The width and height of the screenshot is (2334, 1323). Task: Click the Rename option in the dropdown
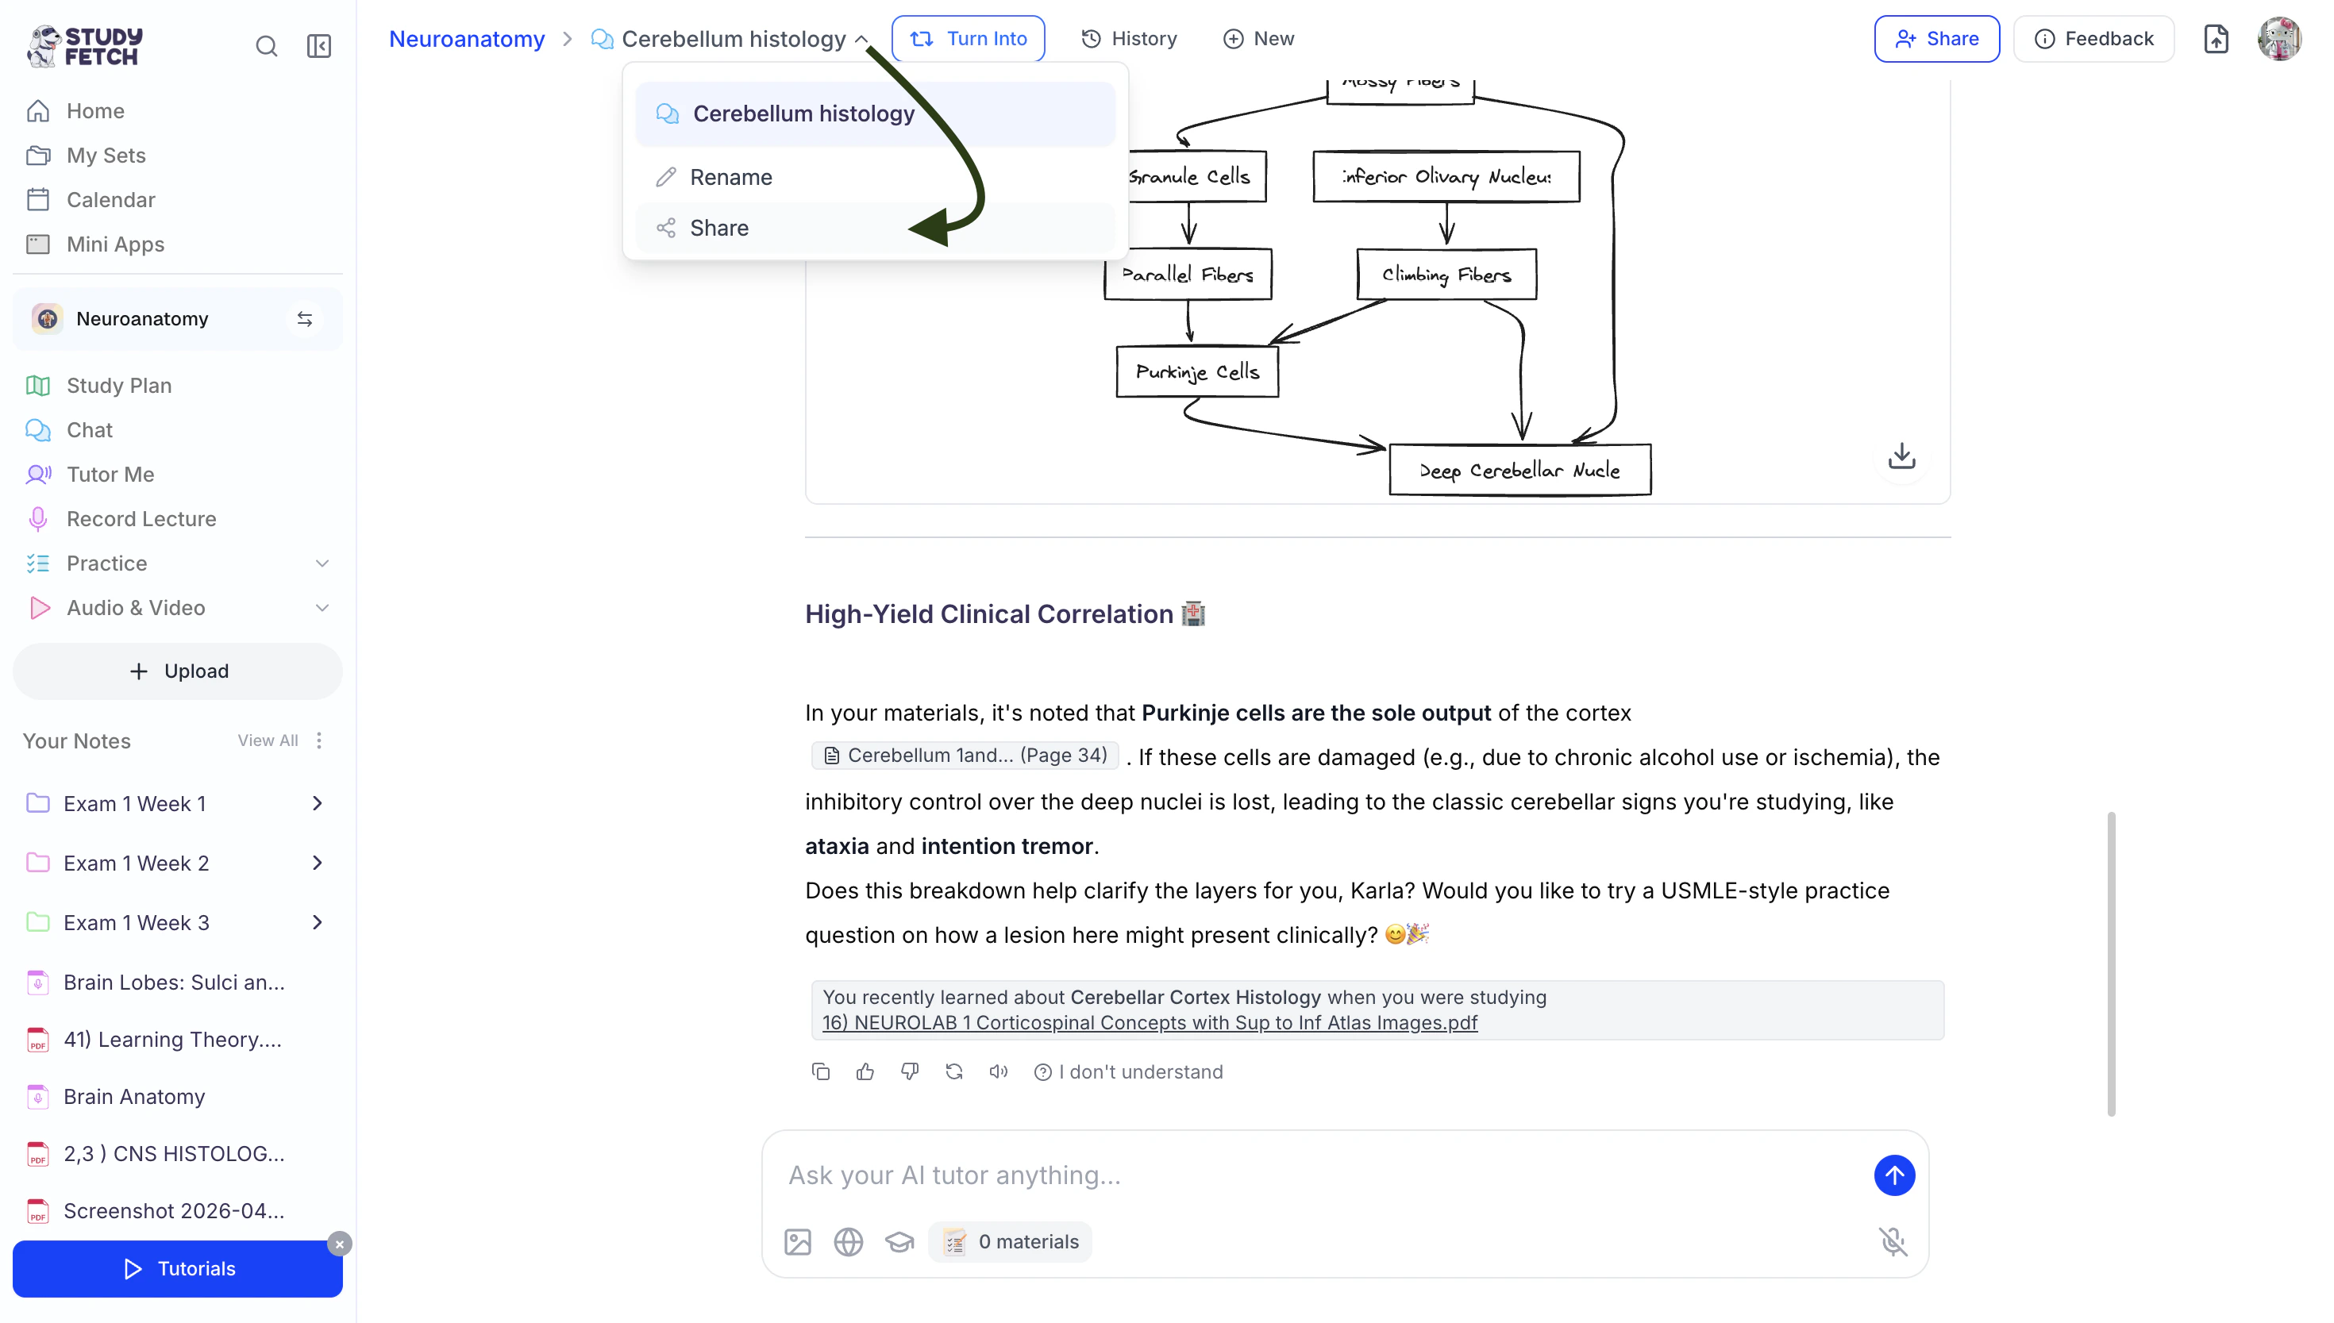(730, 177)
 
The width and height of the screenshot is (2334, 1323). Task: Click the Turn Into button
(968, 39)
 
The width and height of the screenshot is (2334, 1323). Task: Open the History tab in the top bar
(1129, 39)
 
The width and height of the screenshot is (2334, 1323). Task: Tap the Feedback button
(2093, 39)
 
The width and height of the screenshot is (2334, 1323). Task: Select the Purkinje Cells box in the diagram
(1197, 371)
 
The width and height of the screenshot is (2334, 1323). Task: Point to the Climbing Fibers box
(1446, 275)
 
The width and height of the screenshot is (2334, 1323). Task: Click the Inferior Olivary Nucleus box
(1446, 176)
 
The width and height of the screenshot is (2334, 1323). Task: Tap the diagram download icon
(1901, 456)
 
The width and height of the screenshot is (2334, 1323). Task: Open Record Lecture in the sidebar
(141, 519)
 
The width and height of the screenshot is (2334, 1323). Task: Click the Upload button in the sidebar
(178, 671)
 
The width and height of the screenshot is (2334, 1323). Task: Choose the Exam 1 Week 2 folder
(137, 863)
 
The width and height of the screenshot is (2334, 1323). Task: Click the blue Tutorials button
(178, 1268)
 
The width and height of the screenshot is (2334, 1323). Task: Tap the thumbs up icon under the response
(865, 1072)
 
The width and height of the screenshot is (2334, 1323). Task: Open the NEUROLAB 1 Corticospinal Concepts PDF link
(1150, 1023)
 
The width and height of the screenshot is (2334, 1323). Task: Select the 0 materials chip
(1011, 1242)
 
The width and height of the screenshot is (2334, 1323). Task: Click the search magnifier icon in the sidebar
(266, 46)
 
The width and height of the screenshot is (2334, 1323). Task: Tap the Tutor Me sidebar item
(110, 475)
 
